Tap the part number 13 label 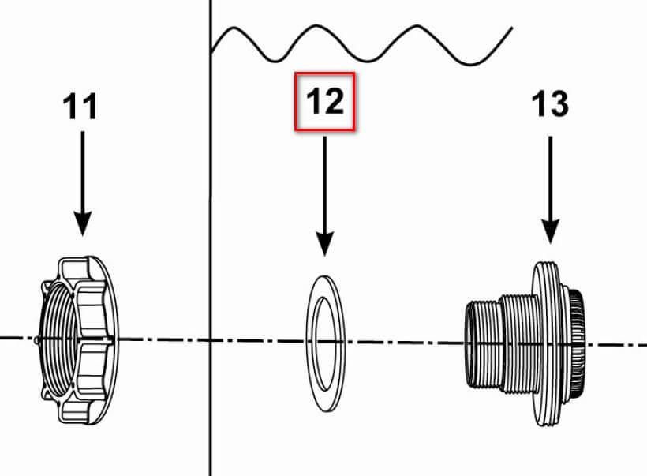[551, 103]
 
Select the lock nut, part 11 [78, 340]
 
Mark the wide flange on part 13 [545, 339]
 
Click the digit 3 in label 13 [559, 103]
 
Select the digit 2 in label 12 [335, 100]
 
